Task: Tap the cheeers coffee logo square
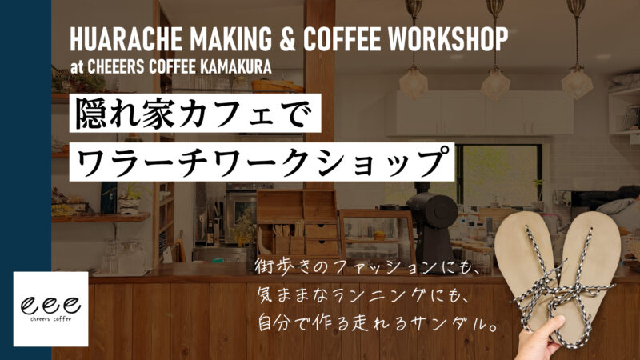50,309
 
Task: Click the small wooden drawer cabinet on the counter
307,228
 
